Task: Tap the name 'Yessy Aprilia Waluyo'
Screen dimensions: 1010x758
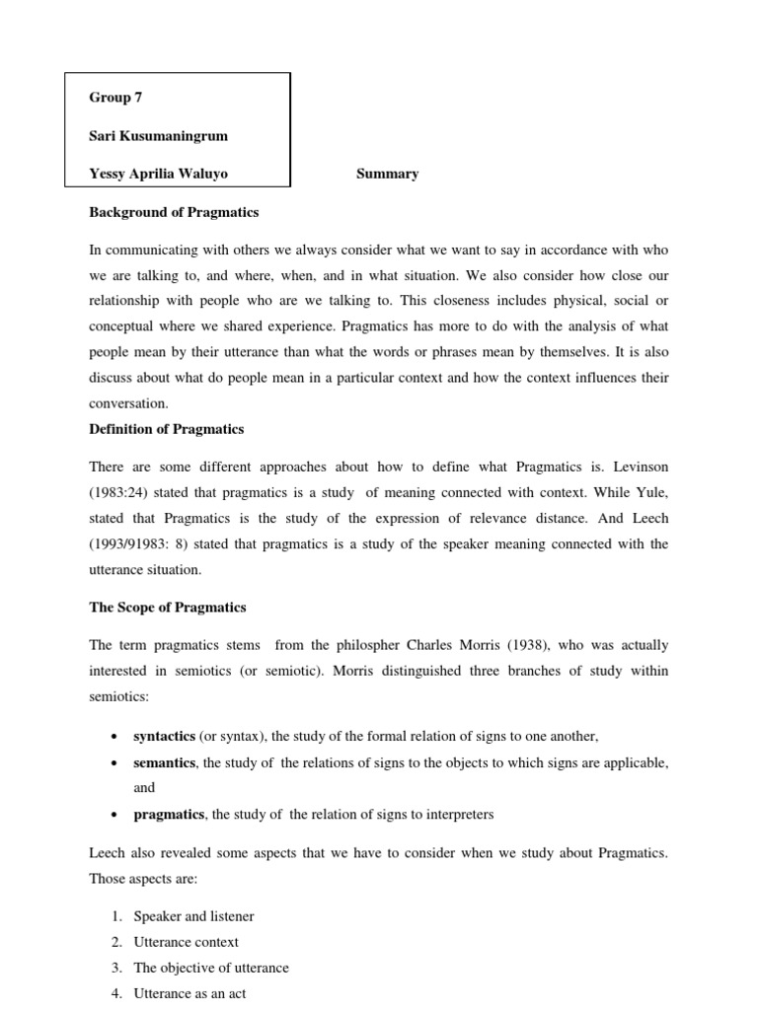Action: (159, 174)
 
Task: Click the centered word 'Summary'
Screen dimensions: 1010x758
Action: (387, 174)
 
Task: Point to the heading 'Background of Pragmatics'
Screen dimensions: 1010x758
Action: (174, 212)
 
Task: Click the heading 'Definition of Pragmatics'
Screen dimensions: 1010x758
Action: (167, 428)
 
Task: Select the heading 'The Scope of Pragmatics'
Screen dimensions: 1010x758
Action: (168, 607)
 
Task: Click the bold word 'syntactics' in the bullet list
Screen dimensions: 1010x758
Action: (164, 737)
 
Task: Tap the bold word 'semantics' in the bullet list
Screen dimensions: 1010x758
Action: (164, 762)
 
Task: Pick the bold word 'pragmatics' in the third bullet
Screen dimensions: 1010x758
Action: (169, 814)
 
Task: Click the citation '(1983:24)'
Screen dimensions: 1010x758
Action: (122, 491)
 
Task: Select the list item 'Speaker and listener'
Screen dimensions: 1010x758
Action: (193, 916)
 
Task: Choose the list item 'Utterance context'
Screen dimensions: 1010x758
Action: (186, 942)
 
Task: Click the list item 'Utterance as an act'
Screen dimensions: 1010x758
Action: (189, 993)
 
